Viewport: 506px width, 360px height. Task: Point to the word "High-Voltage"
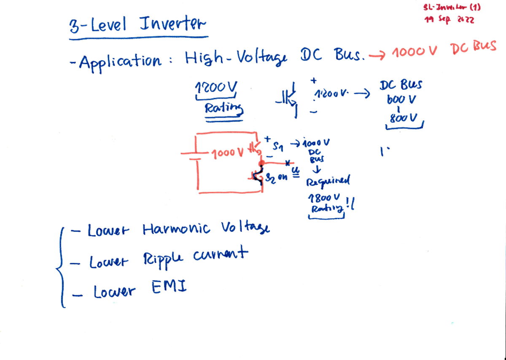coord(236,59)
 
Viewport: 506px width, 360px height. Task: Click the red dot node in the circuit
coord(261,163)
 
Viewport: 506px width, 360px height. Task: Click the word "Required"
coord(328,182)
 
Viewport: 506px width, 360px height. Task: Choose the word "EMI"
coord(169,289)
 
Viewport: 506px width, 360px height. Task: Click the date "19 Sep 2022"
coord(449,19)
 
